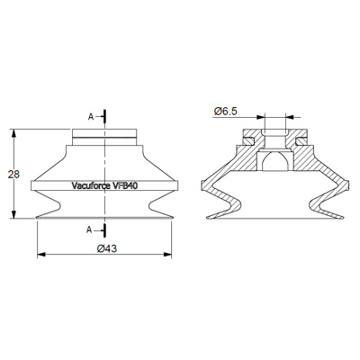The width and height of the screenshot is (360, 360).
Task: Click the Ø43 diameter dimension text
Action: click(107, 248)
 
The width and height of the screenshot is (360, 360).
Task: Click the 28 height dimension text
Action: click(13, 175)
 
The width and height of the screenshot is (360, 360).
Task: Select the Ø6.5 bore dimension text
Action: click(226, 112)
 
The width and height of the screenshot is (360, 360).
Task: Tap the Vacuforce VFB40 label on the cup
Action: click(104, 185)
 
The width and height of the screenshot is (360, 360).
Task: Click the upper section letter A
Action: click(91, 117)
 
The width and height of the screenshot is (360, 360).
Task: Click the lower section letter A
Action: click(89, 230)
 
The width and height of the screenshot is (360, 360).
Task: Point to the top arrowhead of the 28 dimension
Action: click(13, 134)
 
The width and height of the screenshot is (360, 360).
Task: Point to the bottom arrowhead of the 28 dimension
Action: click(13, 214)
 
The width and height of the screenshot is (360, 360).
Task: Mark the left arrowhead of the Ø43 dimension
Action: click(41, 255)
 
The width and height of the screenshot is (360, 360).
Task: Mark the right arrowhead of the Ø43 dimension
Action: click(167, 255)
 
